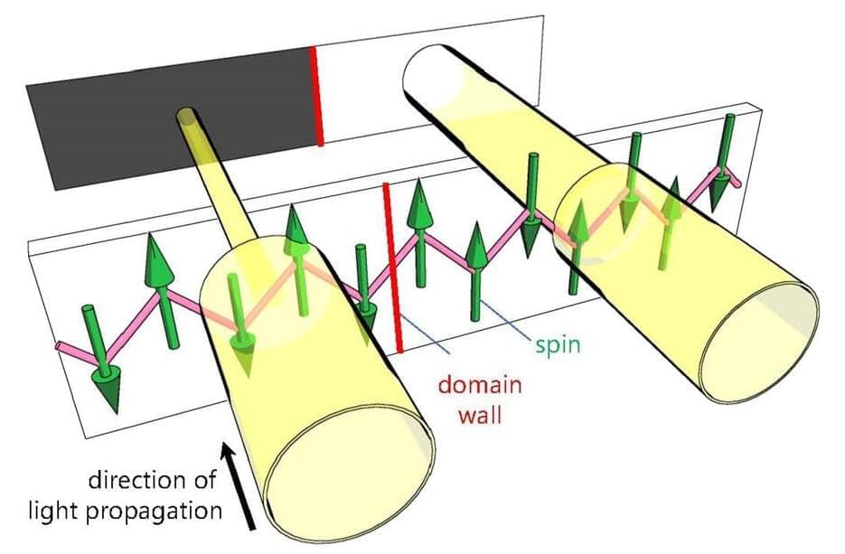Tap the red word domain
[480, 385]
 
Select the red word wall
[480, 416]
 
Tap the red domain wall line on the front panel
[393, 268]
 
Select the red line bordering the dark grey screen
[316, 96]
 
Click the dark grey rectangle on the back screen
[172, 118]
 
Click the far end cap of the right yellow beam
[436, 73]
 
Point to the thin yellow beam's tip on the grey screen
[186, 117]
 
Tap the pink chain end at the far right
[737, 183]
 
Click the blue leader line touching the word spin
[506, 320]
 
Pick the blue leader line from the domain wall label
[425, 333]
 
